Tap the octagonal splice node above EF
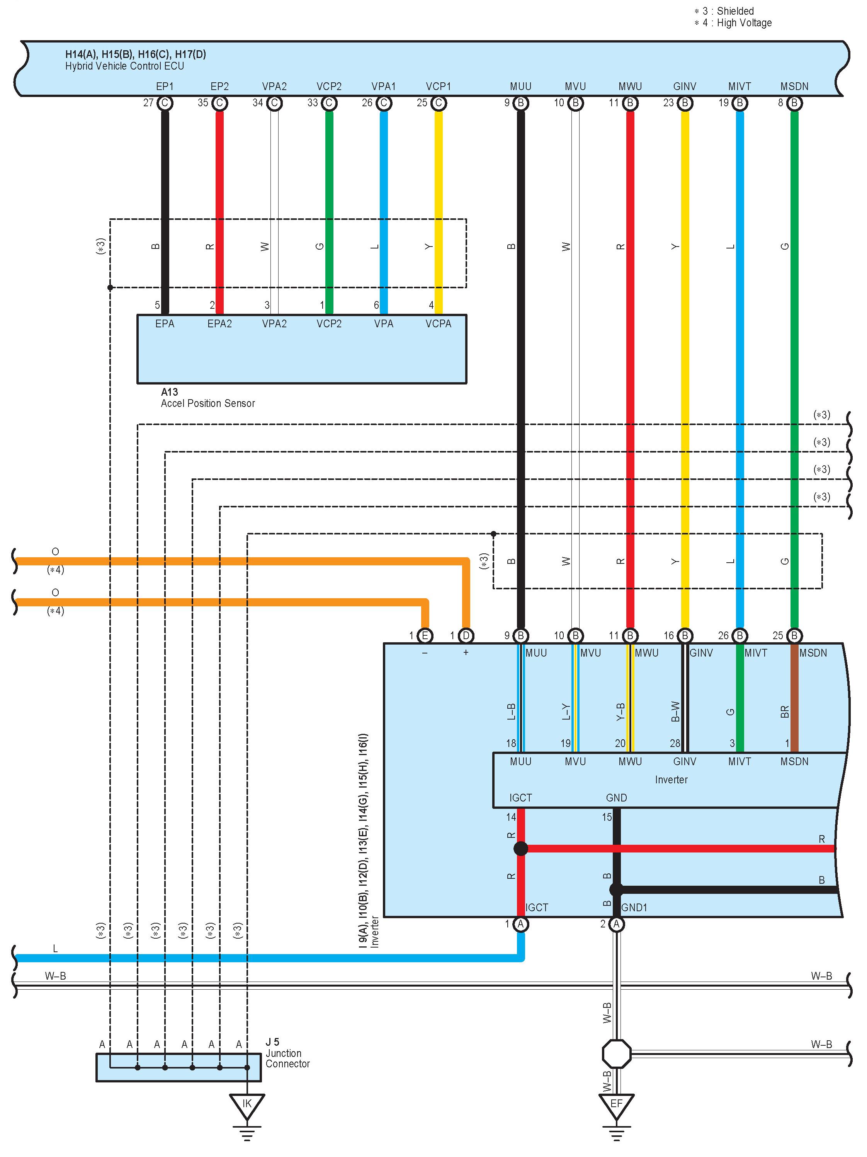coord(617,1054)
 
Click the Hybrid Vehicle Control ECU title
coord(124,66)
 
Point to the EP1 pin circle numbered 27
coord(165,103)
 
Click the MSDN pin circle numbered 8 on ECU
coord(794,103)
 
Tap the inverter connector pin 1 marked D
coord(466,636)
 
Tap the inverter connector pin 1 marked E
coord(425,636)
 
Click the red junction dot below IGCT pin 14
coord(521,848)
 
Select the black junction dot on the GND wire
coord(617,889)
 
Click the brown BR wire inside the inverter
coord(794,701)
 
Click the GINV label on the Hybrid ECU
coord(685,86)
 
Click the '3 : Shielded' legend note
coord(724,11)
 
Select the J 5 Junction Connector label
coord(287,1053)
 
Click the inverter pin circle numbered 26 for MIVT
coord(739,636)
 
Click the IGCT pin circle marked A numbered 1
coord(521,924)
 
